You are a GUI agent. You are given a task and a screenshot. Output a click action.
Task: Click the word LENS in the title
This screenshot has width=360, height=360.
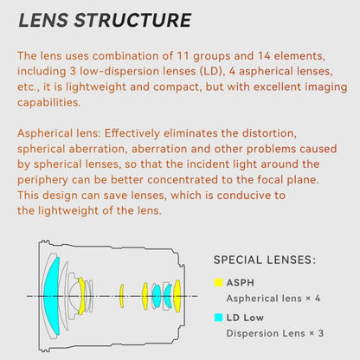point(43,20)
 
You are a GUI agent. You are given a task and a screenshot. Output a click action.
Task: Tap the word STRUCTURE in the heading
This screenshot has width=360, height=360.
point(132,20)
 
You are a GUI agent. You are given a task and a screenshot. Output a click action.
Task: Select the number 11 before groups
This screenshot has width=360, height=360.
point(183,55)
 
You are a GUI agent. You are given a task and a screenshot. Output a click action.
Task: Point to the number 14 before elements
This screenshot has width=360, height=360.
point(264,55)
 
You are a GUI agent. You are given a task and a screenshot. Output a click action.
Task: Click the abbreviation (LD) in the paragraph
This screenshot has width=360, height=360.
point(212,71)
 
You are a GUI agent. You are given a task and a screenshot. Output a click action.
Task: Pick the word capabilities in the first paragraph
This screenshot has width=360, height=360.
point(48,102)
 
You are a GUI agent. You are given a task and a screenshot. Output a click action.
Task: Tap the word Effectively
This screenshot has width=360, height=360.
point(132,133)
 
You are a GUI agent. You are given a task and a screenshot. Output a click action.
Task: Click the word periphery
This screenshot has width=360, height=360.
point(42,180)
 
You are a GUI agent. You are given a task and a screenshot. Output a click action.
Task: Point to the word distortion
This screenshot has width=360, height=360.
point(269,133)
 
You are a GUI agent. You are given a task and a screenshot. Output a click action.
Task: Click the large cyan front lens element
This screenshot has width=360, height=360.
point(51,296)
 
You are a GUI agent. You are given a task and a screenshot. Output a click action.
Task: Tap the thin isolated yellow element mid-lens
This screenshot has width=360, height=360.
point(122,296)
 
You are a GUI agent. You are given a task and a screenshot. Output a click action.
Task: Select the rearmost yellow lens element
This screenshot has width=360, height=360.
point(177,296)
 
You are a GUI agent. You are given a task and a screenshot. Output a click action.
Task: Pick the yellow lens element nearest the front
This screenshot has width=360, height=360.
point(81,296)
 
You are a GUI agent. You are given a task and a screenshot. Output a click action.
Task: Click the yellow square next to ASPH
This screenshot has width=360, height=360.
point(219,282)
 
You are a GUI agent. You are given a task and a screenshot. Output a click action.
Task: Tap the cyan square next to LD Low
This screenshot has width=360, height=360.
point(219,318)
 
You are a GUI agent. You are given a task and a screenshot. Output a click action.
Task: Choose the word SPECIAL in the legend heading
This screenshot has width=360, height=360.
point(237,260)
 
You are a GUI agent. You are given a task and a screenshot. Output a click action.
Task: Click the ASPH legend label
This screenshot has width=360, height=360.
point(241,283)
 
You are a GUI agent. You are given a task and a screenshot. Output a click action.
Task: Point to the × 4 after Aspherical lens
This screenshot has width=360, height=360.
point(313,298)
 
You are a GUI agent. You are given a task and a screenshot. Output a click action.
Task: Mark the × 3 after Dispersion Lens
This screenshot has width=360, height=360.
point(317,333)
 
